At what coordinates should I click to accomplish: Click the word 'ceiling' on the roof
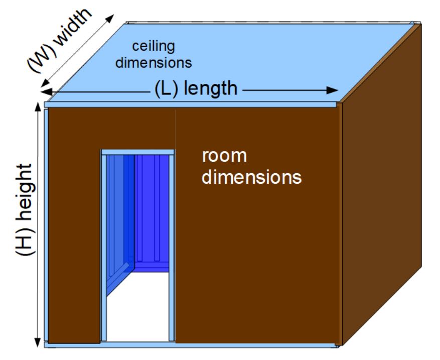(154, 47)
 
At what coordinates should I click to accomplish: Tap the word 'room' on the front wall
(224, 156)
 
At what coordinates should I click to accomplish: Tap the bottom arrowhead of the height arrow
(38, 343)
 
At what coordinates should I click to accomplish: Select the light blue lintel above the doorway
(137, 152)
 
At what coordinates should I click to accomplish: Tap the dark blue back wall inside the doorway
(151, 211)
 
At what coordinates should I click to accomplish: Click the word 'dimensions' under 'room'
(252, 177)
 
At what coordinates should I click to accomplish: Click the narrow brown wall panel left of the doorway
(74, 226)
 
